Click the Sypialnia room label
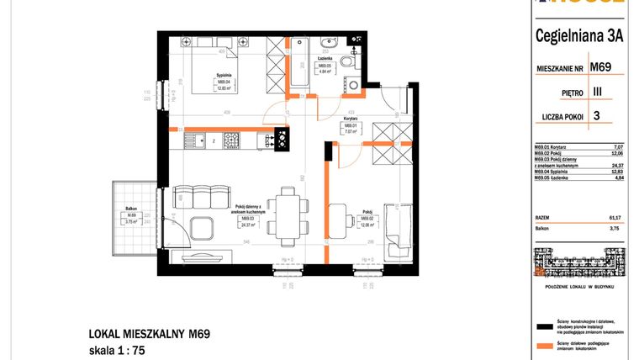pyautogui.click(x=224, y=75)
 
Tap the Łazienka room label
pyautogui.click(x=325, y=58)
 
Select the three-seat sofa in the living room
pyautogui.click(x=195, y=198)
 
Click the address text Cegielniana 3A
pyautogui.click(x=578, y=34)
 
